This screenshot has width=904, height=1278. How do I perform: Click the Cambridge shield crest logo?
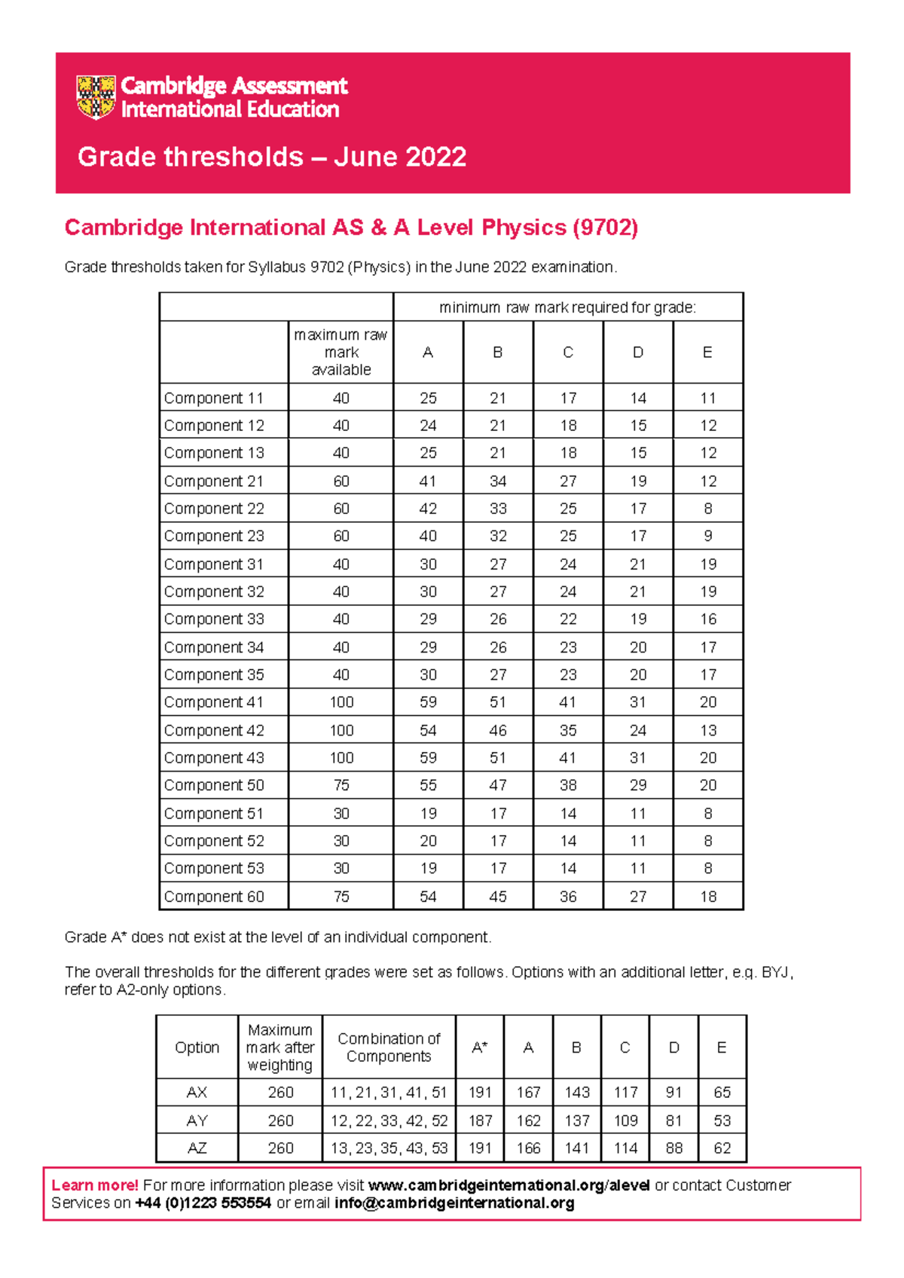pyautogui.click(x=96, y=97)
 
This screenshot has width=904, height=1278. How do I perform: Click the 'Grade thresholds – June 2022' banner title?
pyautogui.click(x=272, y=157)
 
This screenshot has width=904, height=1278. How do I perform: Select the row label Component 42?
pyautogui.click(x=214, y=730)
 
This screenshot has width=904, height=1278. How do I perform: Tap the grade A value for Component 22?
pyautogui.click(x=428, y=509)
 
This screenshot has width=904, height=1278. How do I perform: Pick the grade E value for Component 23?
pyautogui.click(x=707, y=536)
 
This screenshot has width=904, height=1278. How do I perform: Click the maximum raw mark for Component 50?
pyautogui.click(x=341, y=785)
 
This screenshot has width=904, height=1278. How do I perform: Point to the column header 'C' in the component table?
pyautogui.click(x=568, y=353)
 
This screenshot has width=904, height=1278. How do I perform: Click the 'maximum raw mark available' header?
pyautogui.click(x=341, y=353)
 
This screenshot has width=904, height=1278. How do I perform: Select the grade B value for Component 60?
pyautogui.click(x=498, y=897)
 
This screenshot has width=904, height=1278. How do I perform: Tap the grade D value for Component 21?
pyautogui.click(x=638, y=481)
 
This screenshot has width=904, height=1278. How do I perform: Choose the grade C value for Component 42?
pyautogui.click(x=568, y=730)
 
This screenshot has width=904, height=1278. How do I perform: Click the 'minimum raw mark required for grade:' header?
pyautogui.click(x=568, y=307)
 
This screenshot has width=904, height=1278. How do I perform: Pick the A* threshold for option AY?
pyautogui.click(x=480, y=1121)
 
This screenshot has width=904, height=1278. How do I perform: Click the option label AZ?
pyautogui.click(x=197, y=1148)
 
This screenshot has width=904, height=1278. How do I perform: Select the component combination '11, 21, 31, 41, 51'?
pyautogui.click(x=389, y=1093)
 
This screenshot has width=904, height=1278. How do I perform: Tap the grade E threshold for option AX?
pyautogui.click(x=722, y=1093)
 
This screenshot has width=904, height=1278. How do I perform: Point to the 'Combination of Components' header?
pyautogui.click(x=389, y=1047)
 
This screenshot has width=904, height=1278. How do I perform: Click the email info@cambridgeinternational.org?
pyautogui.click(x=454, y=1203)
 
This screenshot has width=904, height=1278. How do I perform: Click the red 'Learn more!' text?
pyautogui.click(x=95, y=1185)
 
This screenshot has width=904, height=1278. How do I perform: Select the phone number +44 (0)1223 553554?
pyautogui.click(x=203, y=1203)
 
